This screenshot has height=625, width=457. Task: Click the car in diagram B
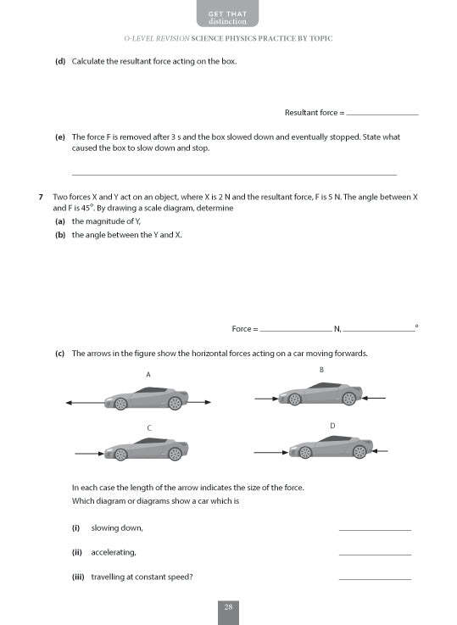[x=320, y=395]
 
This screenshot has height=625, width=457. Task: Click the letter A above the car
[x=148, y=375]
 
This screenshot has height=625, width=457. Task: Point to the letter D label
[x=332, y=424]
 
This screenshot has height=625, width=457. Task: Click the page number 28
[x=228, y=606]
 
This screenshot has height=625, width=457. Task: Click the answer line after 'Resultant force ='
[x=382, y=113]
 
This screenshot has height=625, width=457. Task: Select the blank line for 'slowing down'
[x=374, y=529]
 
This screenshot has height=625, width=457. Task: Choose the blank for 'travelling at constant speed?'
[x=374, y=578]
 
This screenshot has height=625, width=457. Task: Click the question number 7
[x=41, y=197]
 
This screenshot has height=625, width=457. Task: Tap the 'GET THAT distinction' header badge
[x=228, y=15]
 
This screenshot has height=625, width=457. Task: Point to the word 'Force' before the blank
[x=242, y=328]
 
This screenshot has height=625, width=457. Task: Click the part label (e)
[x=60, y=137]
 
